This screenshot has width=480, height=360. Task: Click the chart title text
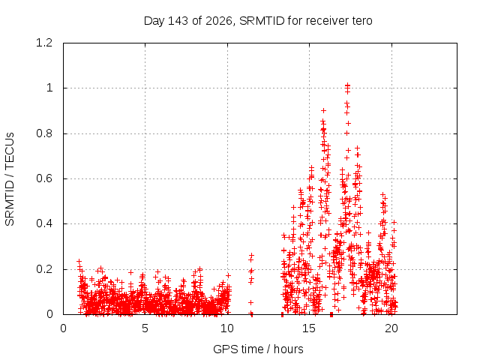[258, 21]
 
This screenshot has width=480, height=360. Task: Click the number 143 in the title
[178, 21]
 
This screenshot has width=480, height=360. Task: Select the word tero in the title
[361, 21]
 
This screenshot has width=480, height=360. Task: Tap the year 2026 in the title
[219, 21]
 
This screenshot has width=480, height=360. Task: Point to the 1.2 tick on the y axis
[44, 43]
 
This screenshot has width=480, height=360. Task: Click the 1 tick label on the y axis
[49, 88]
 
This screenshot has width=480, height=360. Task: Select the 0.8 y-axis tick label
[44, 133]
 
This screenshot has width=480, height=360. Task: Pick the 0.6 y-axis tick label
[44, 178]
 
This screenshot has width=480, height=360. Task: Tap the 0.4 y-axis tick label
[44, 223]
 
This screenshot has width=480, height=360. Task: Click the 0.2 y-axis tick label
[44, 269]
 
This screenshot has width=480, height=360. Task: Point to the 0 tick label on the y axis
[49, 314]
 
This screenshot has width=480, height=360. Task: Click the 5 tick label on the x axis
[145, 328]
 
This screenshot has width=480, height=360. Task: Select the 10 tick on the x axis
[227, 328]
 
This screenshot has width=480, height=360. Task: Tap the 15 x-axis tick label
[309, 328]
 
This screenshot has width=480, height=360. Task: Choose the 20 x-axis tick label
[391, 328]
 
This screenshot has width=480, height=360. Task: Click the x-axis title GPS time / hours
[258, 349]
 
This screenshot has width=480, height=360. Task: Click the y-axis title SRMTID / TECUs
[10, 179]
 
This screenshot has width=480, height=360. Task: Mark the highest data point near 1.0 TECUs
[347, 85]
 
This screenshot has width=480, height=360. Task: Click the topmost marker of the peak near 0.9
[323, 110]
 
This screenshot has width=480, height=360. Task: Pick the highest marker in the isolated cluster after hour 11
[251, 255]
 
